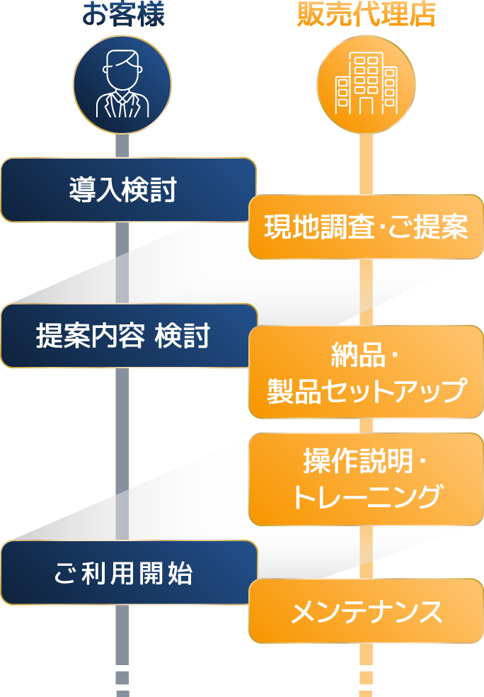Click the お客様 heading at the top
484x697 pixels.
tap(123, 14)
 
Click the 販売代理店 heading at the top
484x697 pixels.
tap(366, 14)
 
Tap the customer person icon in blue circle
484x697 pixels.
tap(122, 84)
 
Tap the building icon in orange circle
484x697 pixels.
tap(366, 84)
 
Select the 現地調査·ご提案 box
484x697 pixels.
tap(366, 227)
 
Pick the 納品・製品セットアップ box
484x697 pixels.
tap(366, 372)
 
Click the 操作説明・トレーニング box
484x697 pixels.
tap(366, 479)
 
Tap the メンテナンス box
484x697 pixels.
tap(366, 611)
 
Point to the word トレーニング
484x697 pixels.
tap(366, 497)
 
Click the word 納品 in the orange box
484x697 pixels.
tap(352, 355)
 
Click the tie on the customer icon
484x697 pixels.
tap(123, 107)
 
